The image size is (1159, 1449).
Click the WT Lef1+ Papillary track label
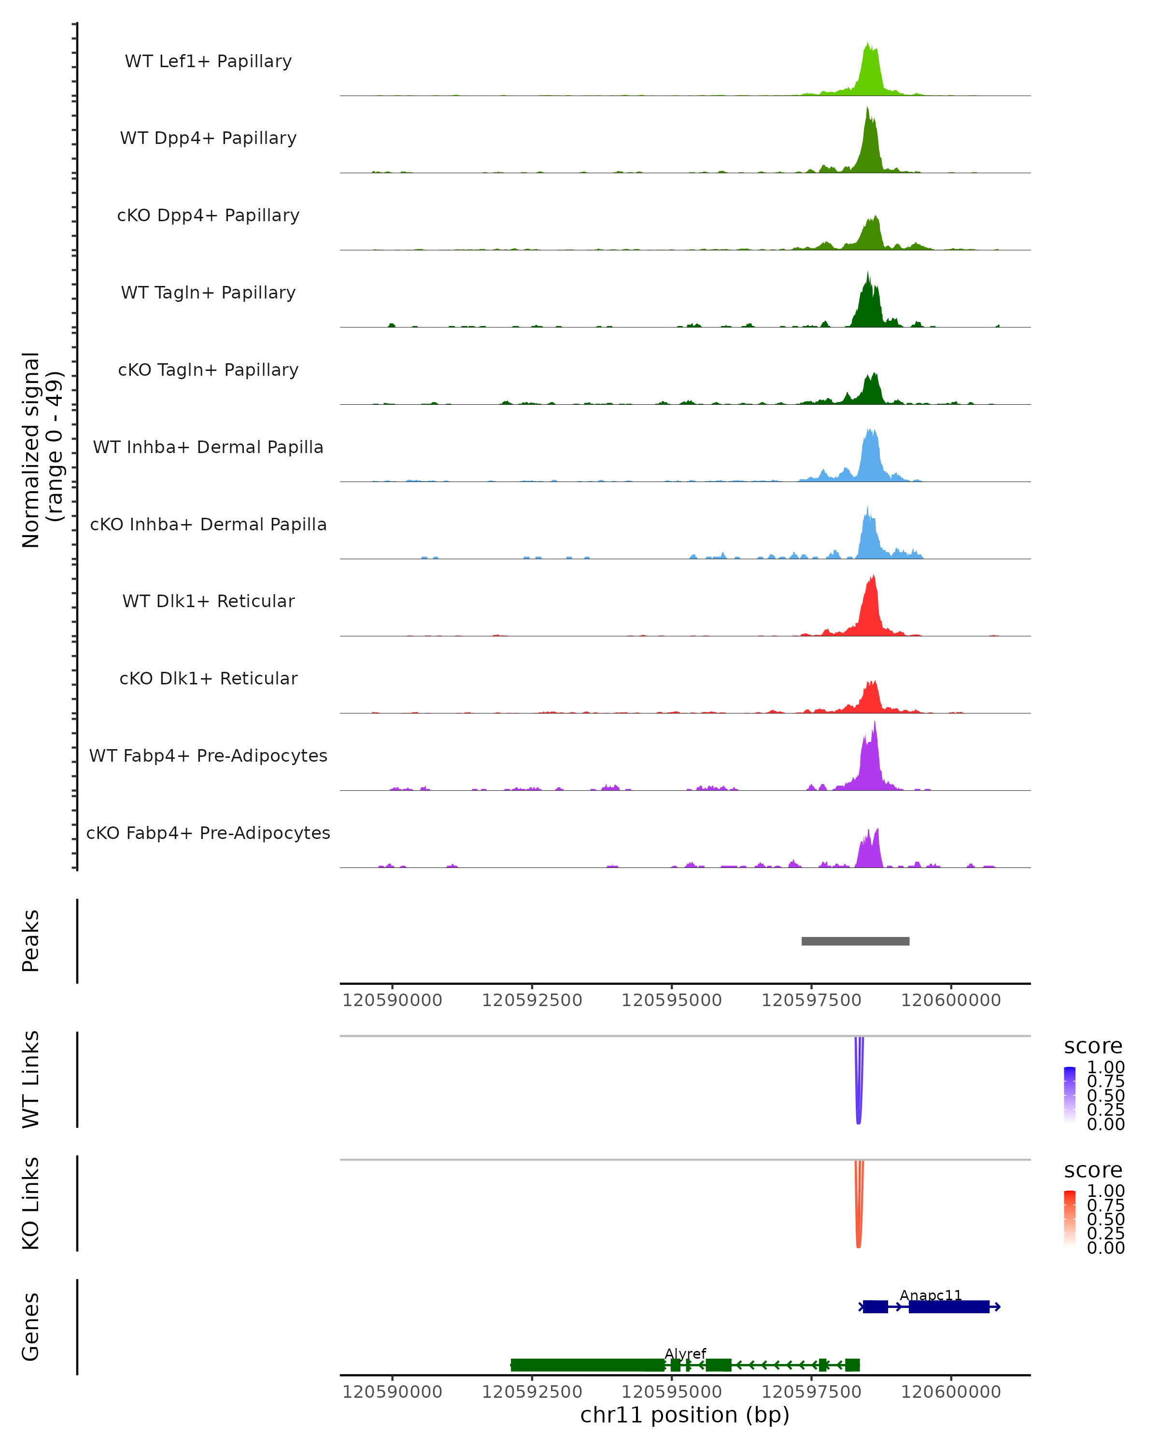[x=208, y=61]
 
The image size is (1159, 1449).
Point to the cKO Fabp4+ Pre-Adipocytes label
[x=208, y=833]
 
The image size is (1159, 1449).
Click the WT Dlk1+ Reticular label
[x=208, y=601]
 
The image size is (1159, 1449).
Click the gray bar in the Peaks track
[x=855, y=941]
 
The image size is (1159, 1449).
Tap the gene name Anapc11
[x=931, y=1294]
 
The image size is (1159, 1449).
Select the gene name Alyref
[x=685, y=1353]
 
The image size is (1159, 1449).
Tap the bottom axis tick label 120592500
[x=532, y=1391]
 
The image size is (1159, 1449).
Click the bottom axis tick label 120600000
[x=951, y=1391]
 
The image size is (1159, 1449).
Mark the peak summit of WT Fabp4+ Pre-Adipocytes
[x=875, y=723]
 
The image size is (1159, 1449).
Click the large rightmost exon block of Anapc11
[x=949, y=1307]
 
